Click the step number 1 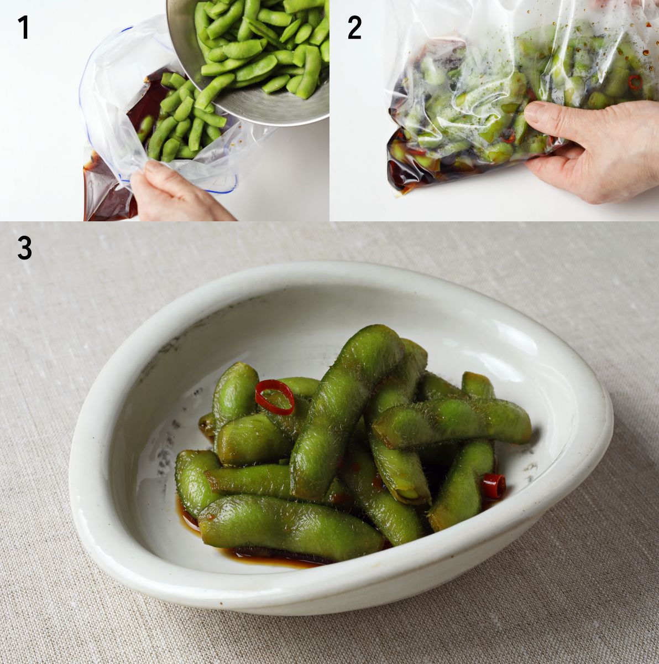(x=23, y=28)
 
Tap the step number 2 (x=354, y=28)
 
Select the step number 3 (x=24, y=248)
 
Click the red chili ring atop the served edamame (x=275, y=397)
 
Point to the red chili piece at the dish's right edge (x=493, y=485)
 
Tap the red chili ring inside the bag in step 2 (x=635, y=82)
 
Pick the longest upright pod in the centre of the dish (x=344, y=410)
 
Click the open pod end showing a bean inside (x=410, y=494)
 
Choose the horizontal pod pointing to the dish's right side (x=451, y=422)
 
